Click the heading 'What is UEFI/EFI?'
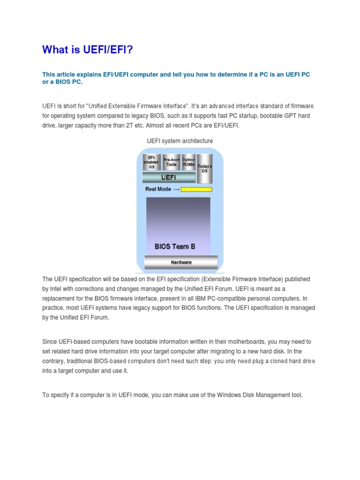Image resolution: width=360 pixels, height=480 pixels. (88, 49)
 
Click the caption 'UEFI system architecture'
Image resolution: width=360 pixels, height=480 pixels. (180, 141)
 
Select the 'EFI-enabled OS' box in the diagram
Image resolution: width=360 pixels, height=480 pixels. (151, 162)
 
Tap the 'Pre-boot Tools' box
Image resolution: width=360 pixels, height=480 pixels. (171, 162)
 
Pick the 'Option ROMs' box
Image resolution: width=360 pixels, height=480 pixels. (188, 162)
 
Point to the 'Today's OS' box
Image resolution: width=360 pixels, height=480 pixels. (204, 168)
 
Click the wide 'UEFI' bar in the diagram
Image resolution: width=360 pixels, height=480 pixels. (169, 178)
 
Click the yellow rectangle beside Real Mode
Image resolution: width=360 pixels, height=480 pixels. (196, 189)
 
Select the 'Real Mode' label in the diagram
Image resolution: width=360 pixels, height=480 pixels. (158, 189)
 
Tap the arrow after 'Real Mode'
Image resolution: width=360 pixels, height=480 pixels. (176, 189)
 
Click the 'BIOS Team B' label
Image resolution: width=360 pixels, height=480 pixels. (175, 246)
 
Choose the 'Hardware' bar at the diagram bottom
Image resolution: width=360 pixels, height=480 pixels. (181, 262)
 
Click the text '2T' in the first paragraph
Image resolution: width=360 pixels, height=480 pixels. (137, 125)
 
